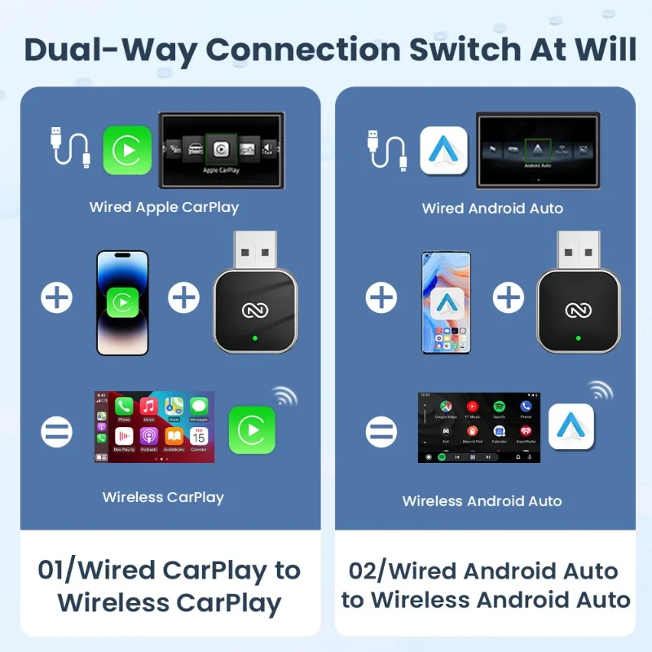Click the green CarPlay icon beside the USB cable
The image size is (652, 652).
[127, 151]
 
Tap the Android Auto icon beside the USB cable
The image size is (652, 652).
[443, 151]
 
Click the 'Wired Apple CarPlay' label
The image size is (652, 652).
[164, 207]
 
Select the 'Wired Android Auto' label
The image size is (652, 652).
[492, 209]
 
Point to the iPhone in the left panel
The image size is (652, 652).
[122, 302]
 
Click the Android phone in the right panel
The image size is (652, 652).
[446, 302]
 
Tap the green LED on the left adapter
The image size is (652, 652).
[255, 337]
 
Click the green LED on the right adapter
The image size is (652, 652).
[578, 337]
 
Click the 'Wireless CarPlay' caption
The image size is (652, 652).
[163, 497]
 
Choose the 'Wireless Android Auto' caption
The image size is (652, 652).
[482, 501]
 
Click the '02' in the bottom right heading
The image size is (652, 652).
[366, 570]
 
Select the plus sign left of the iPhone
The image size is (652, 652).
[56, 298]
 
